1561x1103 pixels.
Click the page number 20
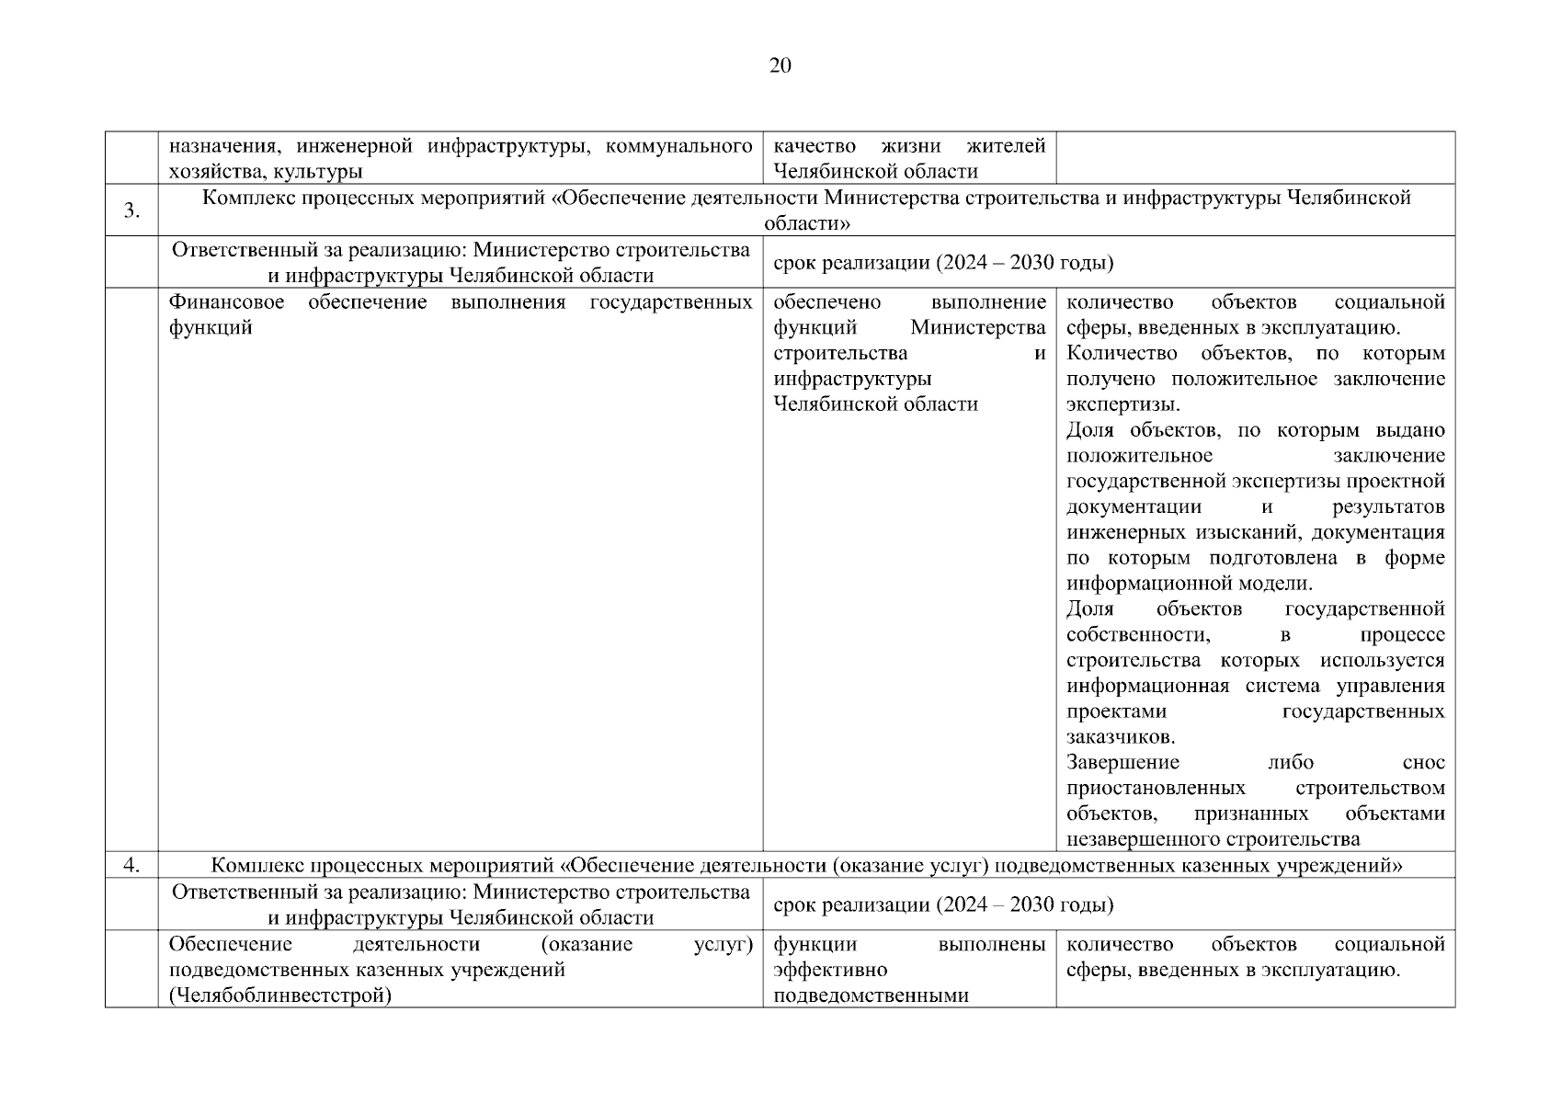pyautogui.click(x=779, y=65)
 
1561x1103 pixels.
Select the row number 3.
pyautogui.click(x=131, y=210)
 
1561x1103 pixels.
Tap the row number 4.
pyautogui.click(x=131, y=864)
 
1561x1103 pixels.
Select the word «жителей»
pyautogui.click(x=1006, y=146)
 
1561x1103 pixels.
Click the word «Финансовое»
pyautogui.click(x=227, y=302)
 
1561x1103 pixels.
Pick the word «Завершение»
pyautogui.click(x=1122, y=762)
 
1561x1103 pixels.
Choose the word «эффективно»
pyautogui.click(x=830, y=970)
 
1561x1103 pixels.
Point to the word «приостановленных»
pyautogui.click(x=1156, y=788)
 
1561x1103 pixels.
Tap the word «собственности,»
pyautogui.click(x=1138, y=634)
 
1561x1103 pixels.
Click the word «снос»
pyautogui.click(x=1423, y=762)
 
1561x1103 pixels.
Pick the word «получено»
pyautogui.click(x=1113, y=379)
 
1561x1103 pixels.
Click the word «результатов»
pyautogui.click(x=1388, y=506)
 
